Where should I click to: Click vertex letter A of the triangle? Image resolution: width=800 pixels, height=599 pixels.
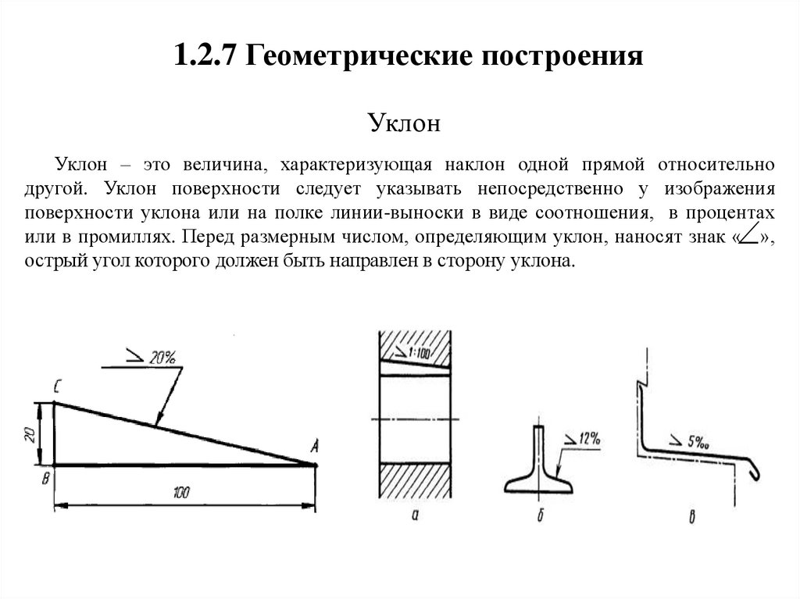[314, 447]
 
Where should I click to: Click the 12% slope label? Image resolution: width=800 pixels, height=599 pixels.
[585, 440]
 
